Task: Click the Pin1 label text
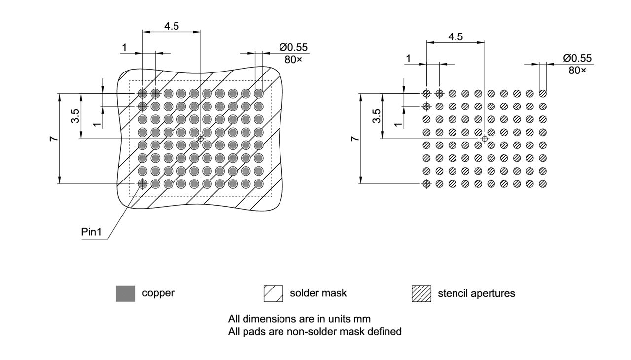91,232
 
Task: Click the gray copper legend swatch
125,293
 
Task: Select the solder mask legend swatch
273,293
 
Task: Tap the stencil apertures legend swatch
421,293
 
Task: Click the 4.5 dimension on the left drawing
172,26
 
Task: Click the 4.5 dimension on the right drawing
456,37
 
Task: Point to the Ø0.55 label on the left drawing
293,47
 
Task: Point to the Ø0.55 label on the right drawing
577,59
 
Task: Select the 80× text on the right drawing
577,71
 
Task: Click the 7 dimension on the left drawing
54,139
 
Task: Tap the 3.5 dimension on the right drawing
377,116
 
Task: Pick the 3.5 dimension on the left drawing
75,116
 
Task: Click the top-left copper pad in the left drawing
142,93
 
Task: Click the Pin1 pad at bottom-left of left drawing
142,184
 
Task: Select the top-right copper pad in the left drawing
259,93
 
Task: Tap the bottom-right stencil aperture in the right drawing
543,184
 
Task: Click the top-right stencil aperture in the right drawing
543,93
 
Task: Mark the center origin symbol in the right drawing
485,139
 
